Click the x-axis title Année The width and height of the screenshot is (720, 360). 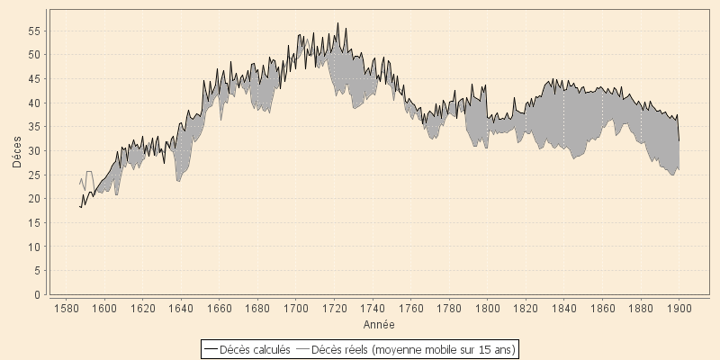coord(378,323)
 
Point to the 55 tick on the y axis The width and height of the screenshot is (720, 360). coord(34,31)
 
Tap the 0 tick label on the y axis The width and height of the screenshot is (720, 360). coord(37,294)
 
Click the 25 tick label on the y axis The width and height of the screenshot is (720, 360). coord(34,175)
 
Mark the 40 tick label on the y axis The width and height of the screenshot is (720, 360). coord(34,103)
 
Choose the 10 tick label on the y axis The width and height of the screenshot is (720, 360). coord(34,247)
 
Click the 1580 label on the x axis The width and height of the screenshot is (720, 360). coord(66,308)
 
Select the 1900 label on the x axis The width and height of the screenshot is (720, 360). coord(679,308)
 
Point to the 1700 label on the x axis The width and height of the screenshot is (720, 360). coord(295,308)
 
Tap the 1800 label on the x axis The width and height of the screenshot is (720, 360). coord(487,308)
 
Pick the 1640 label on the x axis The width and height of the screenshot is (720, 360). coord(181,308)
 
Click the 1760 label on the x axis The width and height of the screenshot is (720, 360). coord(410,308)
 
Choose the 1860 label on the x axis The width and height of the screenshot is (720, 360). coord(602,308)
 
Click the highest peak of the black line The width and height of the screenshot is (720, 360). coord(337,23)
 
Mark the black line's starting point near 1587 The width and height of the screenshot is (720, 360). coord(79,207)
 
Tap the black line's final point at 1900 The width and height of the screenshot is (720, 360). coord(679,141)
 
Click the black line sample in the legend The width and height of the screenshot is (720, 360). coord(211,349)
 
